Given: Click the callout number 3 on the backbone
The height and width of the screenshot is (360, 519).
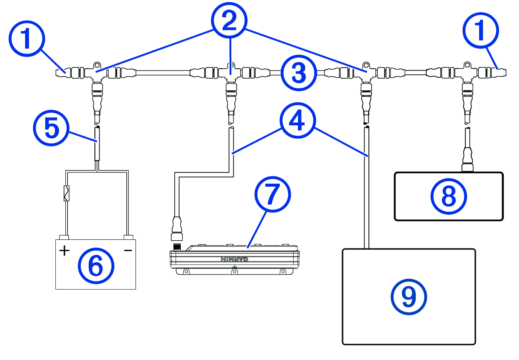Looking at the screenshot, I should [x=299, y=72].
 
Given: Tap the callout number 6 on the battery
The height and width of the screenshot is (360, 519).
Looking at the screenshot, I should [x=96, y=264].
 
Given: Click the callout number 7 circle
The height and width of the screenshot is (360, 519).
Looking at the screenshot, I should [x=272, y=195].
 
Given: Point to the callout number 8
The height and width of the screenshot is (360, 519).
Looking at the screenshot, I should [x=449, y=197].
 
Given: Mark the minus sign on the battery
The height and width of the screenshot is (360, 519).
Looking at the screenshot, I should [x=128, y=250].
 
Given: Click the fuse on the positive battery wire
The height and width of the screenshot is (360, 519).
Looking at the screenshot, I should [x=66, y=193].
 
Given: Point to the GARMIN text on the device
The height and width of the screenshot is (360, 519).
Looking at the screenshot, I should [x=235, y=259].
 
